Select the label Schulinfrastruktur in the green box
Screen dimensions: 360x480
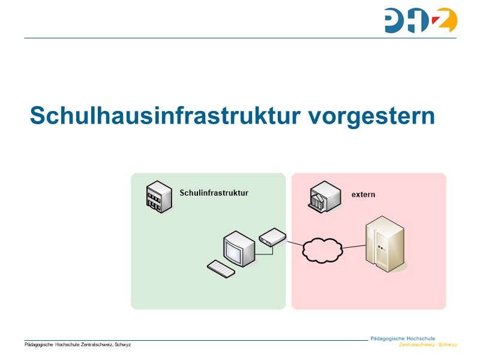point(214,193)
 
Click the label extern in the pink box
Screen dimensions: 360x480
point(363,194)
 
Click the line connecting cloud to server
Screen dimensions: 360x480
point(353,247)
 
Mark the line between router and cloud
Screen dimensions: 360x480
point(296,243)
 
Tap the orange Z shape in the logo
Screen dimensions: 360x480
point(445,20)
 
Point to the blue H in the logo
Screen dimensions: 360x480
point(421,20)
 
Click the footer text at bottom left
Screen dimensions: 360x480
point(77,344)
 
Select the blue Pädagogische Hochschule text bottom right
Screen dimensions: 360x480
point(403,338)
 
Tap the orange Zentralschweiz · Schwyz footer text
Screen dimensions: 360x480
point(427,345)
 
